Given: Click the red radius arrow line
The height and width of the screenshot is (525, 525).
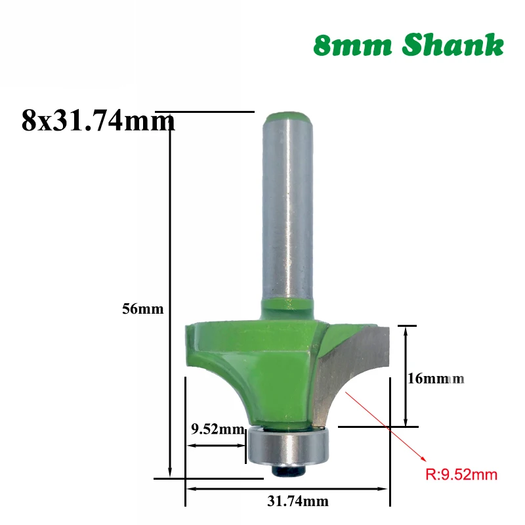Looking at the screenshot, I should (387, 426).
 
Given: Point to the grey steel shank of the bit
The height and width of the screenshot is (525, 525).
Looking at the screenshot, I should (287, 210).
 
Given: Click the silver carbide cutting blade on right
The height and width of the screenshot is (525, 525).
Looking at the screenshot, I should (354, 367).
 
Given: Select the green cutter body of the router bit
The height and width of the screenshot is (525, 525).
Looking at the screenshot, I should (262, 367).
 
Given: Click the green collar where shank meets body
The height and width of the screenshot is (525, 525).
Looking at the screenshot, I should (287, 306).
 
